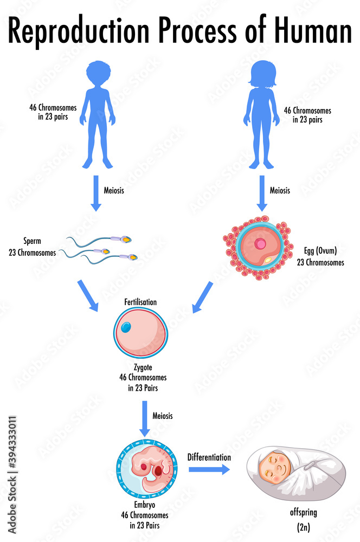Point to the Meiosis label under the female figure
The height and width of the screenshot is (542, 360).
[280, 190]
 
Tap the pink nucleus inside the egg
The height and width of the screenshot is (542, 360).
[261, 244]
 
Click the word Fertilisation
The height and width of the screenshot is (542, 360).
[140, 301]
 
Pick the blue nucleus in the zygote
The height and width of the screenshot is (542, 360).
[126, 327]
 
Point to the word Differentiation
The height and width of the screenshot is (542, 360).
[209, 457]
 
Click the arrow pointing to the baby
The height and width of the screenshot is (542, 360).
[209, 469]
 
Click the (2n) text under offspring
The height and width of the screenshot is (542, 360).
[303, 526]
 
